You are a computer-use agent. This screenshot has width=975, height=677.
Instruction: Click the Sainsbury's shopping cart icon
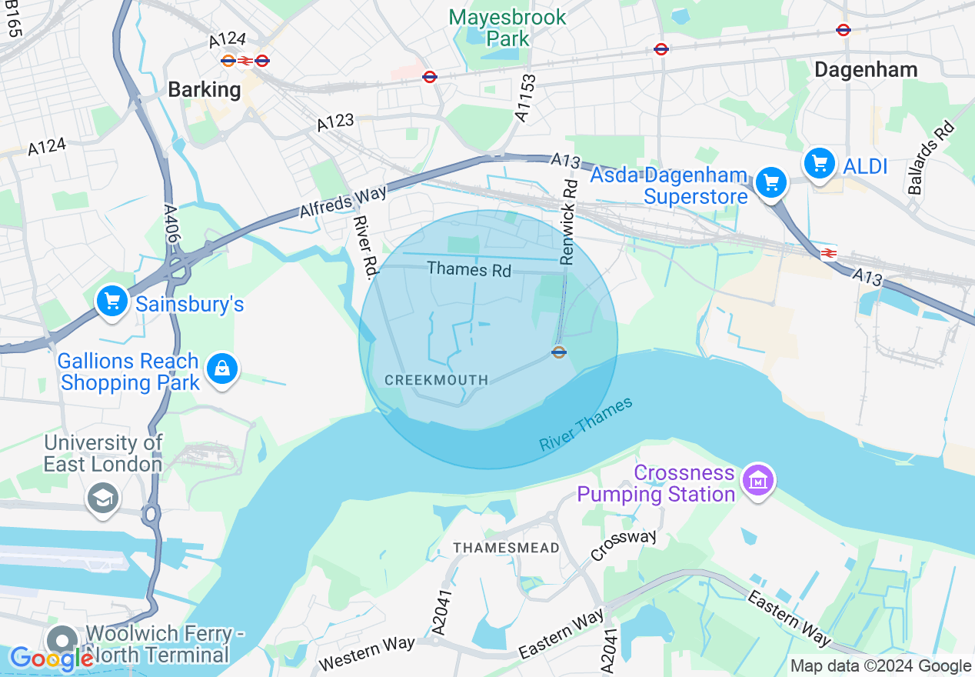click(x=113, y=302)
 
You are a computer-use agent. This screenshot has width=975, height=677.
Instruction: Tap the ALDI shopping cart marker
click(x=820, y=163)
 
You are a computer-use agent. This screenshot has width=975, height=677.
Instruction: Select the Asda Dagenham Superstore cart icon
click(x=771, y=183)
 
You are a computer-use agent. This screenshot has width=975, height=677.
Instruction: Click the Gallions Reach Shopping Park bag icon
click(x=222, y=369)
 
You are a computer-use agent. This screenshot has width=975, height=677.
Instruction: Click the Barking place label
click(x=205, y=90)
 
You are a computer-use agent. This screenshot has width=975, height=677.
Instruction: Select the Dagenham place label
click(x=866, y=70)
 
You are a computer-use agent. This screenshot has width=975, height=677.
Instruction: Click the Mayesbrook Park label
click(x=507, y=27)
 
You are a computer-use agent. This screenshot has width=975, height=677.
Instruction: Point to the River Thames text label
click(x=586, y=424)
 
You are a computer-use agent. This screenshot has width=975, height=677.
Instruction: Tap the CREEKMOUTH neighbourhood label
click(x=436, y=380)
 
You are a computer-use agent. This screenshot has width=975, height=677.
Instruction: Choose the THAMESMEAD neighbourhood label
click(x=506, y=548)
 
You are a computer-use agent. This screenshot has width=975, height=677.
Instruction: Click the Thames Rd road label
click(x=469, y=269)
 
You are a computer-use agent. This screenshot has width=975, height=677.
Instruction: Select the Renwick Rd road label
click(x=568, y=222)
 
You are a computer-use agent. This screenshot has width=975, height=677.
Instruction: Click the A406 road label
click(x=171, y=225)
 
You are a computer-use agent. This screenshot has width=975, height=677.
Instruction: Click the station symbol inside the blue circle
click(x=559, y=352)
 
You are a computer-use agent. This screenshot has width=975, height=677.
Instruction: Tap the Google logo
click(x=52, y=659)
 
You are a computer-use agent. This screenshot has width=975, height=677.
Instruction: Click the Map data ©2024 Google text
click(x=880, y=666)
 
